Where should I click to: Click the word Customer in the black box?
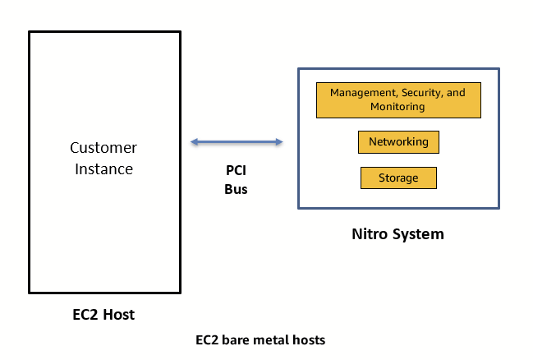click(x=103, y=148)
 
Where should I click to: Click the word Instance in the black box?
click(x=103, y=168)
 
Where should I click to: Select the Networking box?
click(x=398, y=142)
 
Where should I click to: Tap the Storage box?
click(x=398, y=178)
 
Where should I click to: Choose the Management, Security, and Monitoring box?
click(x=397, y=99)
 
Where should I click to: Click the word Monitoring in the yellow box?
click(x=397, y=107)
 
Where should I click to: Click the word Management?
click(x=358, y=93)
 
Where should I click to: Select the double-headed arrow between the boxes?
click(x=237, y=142)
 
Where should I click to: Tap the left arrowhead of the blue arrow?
click(x=195, y=142)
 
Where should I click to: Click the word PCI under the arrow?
click(x=237, y=172)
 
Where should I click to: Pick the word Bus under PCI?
click(x=237, y=188)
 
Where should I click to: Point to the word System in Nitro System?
click(x=420, y=234)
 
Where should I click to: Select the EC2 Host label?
click(x=103, y=314)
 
